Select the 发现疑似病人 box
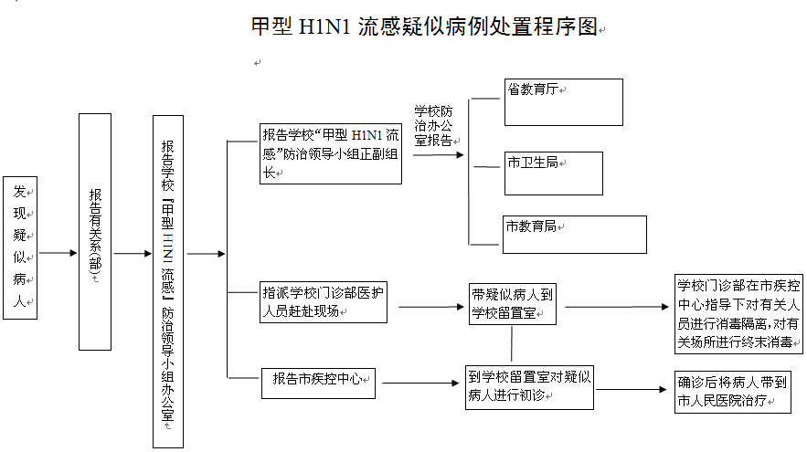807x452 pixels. click(x=21, y=247)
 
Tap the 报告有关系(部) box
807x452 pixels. click(x=95, y=232)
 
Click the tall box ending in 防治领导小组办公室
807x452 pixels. click(x=167, y=281)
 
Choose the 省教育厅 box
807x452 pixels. click(x=563, y=101)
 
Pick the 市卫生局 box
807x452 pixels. click(x=554, y=173)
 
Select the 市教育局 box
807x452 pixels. click(x=574, y=235)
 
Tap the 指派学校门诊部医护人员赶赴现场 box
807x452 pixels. click(x=323, y=302)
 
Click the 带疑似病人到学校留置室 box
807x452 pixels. click(x=511, y=303)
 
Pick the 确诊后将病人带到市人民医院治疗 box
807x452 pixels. click(x=732, y=391)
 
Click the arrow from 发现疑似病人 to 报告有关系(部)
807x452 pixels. click(x=58, y=253)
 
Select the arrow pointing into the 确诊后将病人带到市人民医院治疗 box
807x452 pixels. click(x=633, y=390)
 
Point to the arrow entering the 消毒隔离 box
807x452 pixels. click(x=618, y=306)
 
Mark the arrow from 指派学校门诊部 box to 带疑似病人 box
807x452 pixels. click(x=428, y=307)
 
